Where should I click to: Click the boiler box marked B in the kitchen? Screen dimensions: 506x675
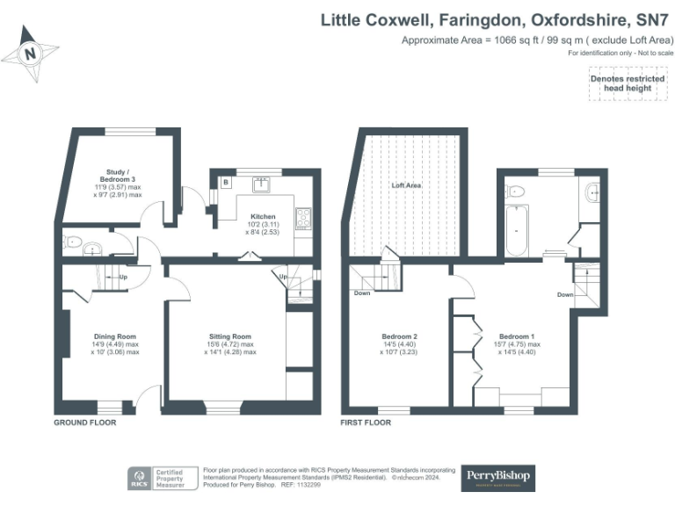(226, 182)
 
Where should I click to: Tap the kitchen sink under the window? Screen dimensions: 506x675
(260, 184)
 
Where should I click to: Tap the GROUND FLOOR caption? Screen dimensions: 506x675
(85, 423)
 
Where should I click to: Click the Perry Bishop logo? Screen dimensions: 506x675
(497, 479)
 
